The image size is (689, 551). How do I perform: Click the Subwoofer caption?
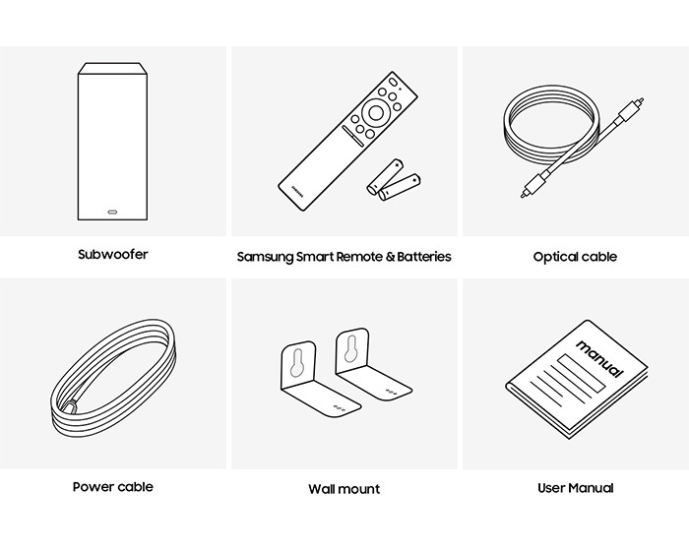pyautogui.click(x=113, y=255)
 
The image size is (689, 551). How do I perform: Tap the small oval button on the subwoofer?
pyautogui.click(x=112, y=213)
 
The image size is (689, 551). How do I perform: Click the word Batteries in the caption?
pyautogui.click(x=424, y=257)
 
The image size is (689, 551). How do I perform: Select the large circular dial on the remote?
pyautogui.click(x=375, y=112)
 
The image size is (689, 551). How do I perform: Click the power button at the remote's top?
pyautogui.click(x=393, y=83)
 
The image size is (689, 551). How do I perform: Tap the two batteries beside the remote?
pyautogui.click(x=394, y=180)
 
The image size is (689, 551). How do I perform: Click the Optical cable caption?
pyautogui.click(x=575, y=257)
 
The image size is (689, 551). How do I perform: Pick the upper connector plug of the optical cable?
pyautogui.click(x=631, y=110)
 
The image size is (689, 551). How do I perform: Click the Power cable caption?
pyautogui.click(x=113, y=487)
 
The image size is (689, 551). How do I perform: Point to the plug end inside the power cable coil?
pyautogui.click(x=70, y=406)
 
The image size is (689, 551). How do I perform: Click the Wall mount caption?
pyautogui.click(x=344, y=489)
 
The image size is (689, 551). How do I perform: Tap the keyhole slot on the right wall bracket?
pyautogui.click(x=350, y=349)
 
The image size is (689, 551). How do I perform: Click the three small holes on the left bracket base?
pyautogui.click(x=340, y=408)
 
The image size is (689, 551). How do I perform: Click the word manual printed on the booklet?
pyautogui.click(x=599, y=358)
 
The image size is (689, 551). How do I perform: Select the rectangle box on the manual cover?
pyautogui.click(x=582, y=374)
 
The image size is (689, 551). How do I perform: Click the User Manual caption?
pyautogui.click(x=575, y=488)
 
